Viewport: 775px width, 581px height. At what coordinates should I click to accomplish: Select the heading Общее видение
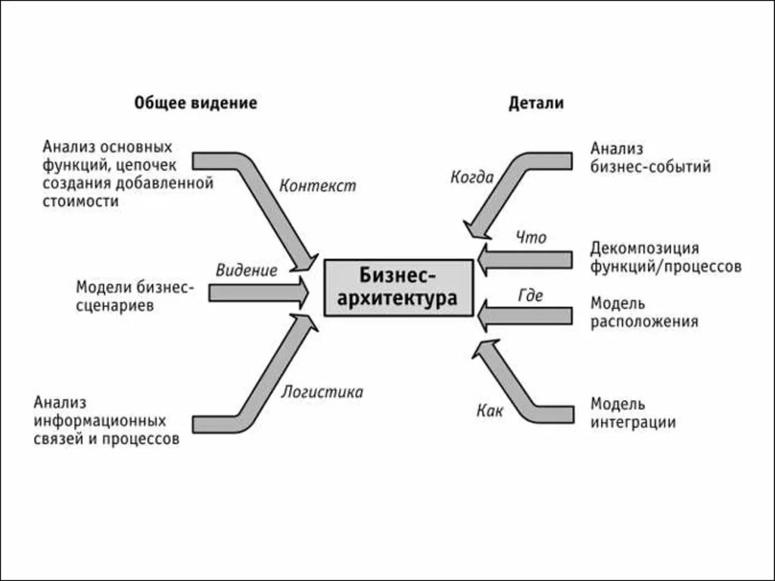coord(195,104)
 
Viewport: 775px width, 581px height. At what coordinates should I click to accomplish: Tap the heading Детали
coord(536,104)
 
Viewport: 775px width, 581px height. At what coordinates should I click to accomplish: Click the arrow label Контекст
coord(316,185)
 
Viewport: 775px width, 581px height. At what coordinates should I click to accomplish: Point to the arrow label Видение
coord(246,270)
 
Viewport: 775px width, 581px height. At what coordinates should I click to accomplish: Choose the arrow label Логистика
coord(322,392)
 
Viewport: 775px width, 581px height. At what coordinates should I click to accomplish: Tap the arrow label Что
coord(531,238)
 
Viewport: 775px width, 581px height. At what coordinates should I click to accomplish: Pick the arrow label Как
coord(490,411)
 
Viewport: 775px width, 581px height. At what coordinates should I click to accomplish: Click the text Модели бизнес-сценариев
coord(135,297)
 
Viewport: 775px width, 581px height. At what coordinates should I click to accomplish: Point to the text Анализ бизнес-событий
coord(651,157)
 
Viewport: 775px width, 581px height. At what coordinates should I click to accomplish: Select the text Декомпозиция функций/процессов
coord(666,257)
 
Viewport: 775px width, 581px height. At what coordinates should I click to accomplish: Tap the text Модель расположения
coord(644,312)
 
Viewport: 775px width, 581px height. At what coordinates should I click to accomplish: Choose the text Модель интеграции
coord(633,413)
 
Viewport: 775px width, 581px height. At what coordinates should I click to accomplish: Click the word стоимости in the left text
coord(81,202)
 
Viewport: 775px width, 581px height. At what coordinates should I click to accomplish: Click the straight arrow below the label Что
coord(525,259)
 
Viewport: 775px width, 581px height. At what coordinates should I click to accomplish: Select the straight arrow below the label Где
coord(525,315)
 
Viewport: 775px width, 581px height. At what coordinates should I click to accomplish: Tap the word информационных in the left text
coord(99,420)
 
